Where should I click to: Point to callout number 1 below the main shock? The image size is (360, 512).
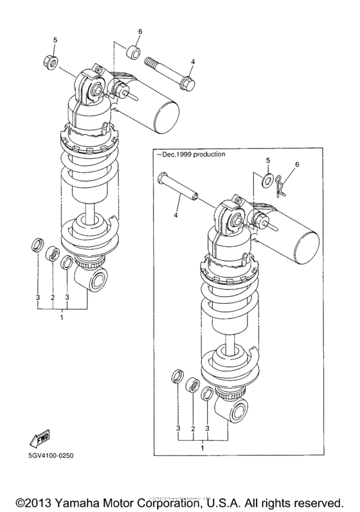(x=62, y=317)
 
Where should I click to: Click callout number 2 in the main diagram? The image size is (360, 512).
(x=52, y=299)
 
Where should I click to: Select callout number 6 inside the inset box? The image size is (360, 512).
(x=298, y=165)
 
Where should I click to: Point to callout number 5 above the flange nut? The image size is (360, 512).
(x=55, y=40)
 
